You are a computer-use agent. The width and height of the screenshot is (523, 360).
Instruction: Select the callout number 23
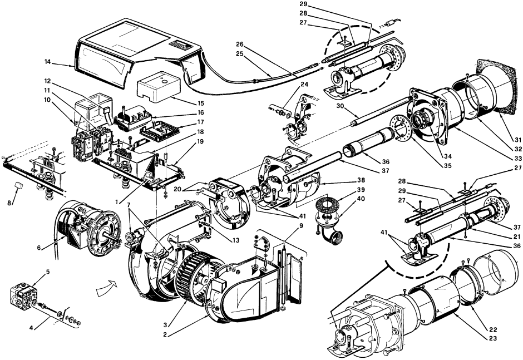(x=492, y=338)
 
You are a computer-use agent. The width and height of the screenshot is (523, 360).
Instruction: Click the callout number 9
(x=301, y=225)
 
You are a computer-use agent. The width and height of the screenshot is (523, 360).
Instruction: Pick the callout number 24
(x=304, y=85)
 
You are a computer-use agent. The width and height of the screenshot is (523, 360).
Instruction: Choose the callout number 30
(x=340, y=105)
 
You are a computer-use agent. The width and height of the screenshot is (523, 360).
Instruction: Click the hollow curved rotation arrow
(x=107, y=287)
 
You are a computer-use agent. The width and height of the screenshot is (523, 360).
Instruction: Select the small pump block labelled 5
(x=23, y=296)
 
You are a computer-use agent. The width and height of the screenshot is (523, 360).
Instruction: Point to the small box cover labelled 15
(x=159, y=86)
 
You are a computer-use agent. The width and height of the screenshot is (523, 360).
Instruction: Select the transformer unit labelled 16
(x=133, y=119)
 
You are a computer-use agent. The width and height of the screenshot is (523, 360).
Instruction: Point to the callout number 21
(x=517, y=236)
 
